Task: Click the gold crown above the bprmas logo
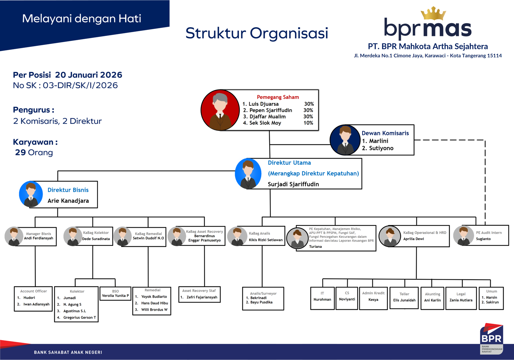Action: [x=433, y=14]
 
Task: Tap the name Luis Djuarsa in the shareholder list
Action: [x=263, y=104]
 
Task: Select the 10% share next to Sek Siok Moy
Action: [x=308, y=123]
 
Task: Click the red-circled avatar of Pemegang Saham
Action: [x=220, y=110]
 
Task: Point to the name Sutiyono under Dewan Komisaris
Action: [x=381, y=148]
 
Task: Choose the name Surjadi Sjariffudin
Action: [x=293, y=184]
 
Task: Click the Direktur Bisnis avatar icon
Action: [x=31, y=194]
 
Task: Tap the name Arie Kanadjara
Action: [x=68, y=201]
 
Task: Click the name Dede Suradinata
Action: [x=96, y=239]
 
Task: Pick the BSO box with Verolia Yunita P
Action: [x=115, y=293]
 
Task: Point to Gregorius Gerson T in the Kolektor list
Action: [x=79, y=318]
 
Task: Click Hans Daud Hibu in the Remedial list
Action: [x=155, y=303]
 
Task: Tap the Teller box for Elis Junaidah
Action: [x=404, y=298]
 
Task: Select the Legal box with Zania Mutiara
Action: [x=461, y=298]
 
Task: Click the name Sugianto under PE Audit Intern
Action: [x=483, y=239]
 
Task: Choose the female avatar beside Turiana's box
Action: [x=297, y=238]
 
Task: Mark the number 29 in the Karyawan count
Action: [x=20, y=152]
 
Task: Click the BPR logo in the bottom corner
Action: [x=491, y=338]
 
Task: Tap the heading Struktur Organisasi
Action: [x=257, y=33]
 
